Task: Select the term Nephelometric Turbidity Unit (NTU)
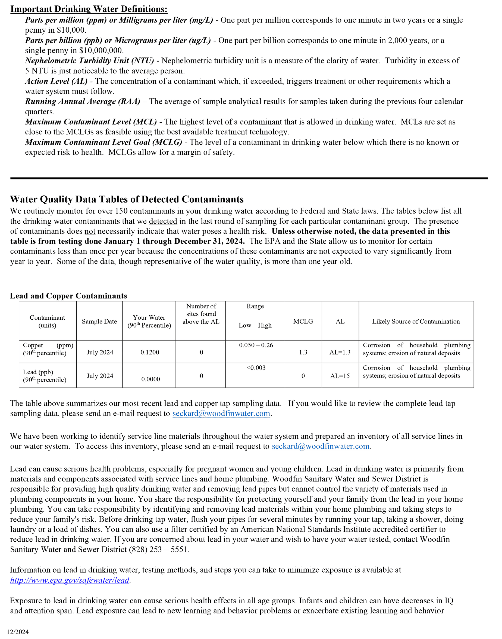pos(89,61)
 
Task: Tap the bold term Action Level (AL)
pos(56,81)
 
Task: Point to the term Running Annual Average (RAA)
pos(83,101)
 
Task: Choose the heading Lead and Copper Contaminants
pos(68,295)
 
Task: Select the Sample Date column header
pos(99,322)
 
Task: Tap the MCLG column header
pos(303,322)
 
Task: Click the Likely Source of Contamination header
pos(416,322)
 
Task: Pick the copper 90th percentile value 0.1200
pos(150,352)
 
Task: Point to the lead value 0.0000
pos(150,379)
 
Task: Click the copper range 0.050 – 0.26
pos(256,345)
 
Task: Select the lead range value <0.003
pos(256,368)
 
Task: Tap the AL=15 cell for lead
pos(340,376)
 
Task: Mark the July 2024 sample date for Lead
pos(100,376)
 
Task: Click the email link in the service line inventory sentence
pos(320,446)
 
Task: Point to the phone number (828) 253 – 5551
pos(159,549)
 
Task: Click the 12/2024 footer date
pos(18,632)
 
